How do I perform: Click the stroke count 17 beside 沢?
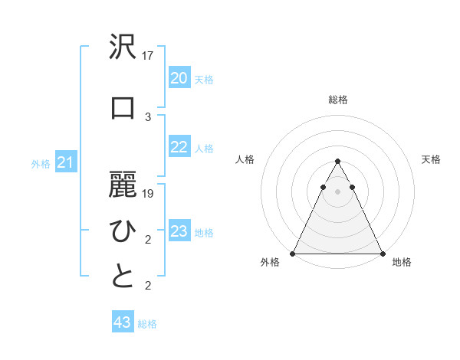[148, 55]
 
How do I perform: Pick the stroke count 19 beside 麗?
[148, 194]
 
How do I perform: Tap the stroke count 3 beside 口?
[148, 117]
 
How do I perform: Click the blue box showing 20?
[179, 78]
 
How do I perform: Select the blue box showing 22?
[179, 147]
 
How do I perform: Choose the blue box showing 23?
[179, 231]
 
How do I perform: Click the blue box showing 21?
[65, 162]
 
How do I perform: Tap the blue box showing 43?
[122, 322]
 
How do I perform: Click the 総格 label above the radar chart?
[337, 100]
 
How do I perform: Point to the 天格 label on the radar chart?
[431, 159]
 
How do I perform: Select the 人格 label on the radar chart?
[245, 159]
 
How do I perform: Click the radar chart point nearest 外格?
[293, 253]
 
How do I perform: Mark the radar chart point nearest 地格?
[382, 253]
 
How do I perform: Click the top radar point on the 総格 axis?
[337, 162]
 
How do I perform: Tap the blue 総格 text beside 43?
[147, 324]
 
